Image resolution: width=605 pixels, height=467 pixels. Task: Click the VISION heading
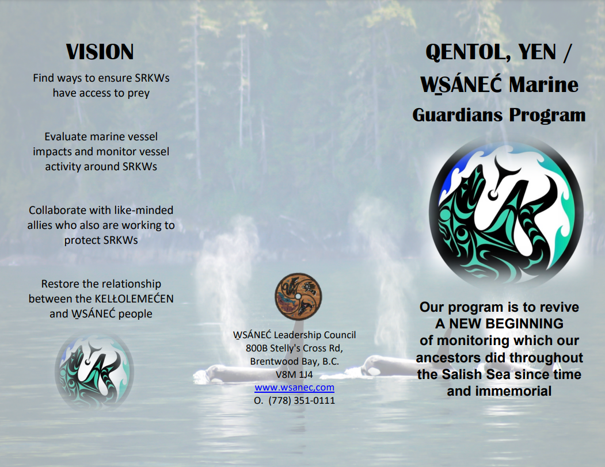[x=100, y=52]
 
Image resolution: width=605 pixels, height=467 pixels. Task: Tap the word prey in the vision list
[x=139, y=94]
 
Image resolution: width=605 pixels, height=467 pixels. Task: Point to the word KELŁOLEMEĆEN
[x=134, y=299]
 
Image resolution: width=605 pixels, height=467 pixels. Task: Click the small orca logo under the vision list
[x=94, y=371]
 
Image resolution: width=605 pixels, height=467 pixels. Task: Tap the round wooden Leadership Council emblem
[x=298, y=297]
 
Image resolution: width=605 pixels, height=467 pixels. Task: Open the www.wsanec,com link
[x=294, y=387]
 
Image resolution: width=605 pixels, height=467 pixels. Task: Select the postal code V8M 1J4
[x=294, y=374]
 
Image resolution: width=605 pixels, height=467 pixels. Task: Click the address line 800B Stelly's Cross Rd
[x=294, y=348]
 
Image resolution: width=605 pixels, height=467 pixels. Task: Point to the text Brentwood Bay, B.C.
[x=294, y=361]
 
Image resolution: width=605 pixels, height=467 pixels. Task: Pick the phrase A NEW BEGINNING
[x=499, y=324]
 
